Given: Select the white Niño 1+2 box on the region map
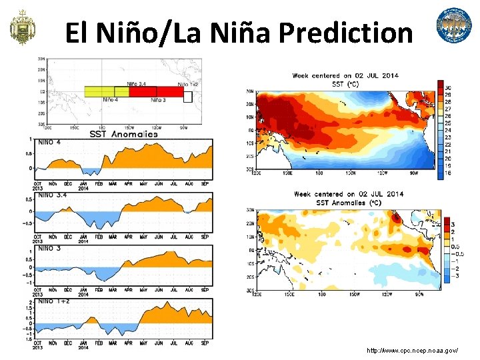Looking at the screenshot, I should pos(188,97).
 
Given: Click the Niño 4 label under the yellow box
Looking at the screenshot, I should pos(111,100).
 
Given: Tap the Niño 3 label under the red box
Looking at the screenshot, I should pos(158,100).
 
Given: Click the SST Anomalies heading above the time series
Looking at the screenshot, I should pos(123,134).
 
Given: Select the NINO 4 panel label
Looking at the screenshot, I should pos(50,142).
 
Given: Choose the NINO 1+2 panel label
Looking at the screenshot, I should pos(53,301).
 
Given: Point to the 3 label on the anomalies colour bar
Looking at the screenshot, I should pos(453,225).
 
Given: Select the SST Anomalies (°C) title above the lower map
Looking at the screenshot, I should pos(348,202).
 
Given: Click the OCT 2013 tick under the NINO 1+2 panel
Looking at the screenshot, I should pos(37,344).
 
